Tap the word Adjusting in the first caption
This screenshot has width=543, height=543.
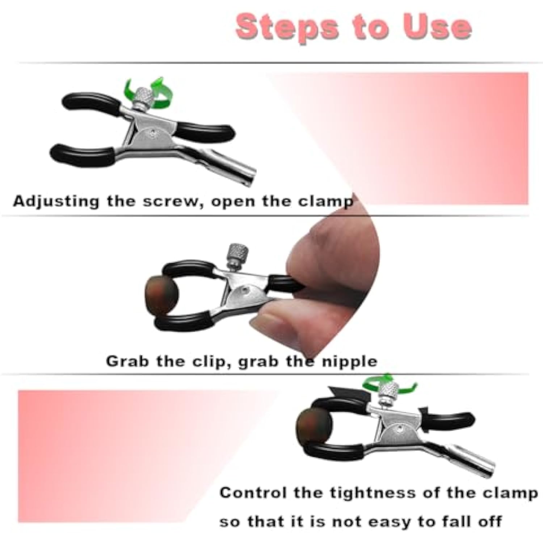[x=56, y=201]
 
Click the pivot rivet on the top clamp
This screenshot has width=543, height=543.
[x=155, y=132]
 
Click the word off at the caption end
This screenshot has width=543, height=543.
[x=489, y=521]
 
